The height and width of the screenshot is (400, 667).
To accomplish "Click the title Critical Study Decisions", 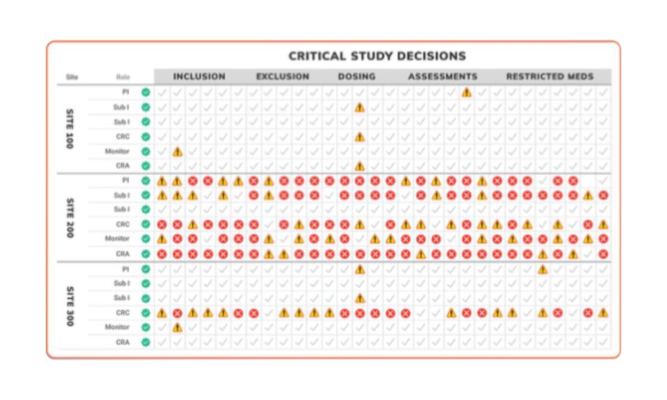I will [377, 56].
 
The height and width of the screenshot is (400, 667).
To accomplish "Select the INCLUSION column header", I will [199, 76].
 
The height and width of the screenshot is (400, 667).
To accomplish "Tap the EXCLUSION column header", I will [283, 76].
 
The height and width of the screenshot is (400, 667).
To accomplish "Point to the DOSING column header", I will [356, 76].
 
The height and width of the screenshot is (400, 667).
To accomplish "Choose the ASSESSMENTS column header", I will [443, 76].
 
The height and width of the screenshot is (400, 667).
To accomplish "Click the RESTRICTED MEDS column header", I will [550, 76].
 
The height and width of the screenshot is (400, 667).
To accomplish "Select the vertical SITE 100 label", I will [69, 128].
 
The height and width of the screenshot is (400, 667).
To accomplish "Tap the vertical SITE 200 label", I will [69, 217].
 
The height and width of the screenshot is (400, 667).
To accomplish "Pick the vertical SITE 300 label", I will [69, 306].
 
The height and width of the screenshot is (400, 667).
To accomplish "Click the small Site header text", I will [72, 77].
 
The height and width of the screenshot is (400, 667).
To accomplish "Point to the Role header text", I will [123, 77].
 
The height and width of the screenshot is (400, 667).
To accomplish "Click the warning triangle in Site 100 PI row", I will [466, 92].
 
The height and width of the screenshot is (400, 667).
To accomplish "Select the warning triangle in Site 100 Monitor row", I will [177, 151].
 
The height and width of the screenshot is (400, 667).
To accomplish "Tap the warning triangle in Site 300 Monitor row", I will [177, 327].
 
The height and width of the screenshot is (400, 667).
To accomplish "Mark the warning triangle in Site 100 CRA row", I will [359, 166].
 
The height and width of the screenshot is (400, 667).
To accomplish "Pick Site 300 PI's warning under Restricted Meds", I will [543, 269].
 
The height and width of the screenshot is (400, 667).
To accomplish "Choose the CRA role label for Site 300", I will [122, 342].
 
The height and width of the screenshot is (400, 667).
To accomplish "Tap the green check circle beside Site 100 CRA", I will [146, 166].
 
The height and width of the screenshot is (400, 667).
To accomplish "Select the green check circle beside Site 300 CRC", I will [146, 312].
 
